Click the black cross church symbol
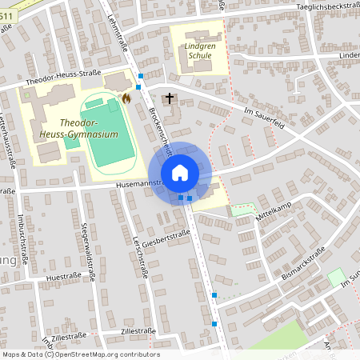coord(169,98)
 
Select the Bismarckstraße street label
coord(304,265)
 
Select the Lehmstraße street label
coord(119,35)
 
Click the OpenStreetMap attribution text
coord(81,354)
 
